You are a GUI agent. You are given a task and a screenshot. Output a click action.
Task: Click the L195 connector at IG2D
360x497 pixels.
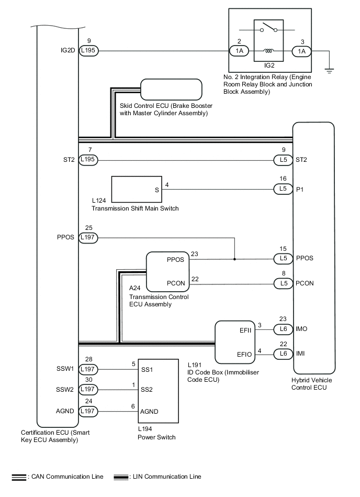[x=88, y=51]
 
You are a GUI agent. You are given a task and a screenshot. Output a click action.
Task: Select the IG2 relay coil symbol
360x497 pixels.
[x=269, y=51]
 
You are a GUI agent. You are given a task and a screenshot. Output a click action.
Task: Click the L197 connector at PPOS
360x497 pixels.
[x=88, y=238]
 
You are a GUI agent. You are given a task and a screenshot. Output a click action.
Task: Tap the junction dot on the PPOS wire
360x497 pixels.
[x=234, y=259]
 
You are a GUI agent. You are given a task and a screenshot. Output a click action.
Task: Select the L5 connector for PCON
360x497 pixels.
[x=284, y=283]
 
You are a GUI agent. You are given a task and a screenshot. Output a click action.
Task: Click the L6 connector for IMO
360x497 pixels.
[x=284, y=328]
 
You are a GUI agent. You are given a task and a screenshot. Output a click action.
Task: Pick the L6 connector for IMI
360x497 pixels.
[x=284, y=354]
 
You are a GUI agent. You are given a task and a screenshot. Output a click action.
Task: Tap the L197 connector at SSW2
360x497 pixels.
[x=88, y=390]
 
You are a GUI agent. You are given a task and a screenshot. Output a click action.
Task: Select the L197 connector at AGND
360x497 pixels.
[x=88, y=412]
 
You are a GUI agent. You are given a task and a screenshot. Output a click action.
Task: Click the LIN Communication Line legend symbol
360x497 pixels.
[x=121, y=477]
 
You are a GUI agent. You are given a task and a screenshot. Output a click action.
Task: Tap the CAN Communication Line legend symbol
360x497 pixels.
[x=19, y=477]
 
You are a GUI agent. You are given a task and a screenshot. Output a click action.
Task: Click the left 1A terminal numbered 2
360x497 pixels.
[x=239, y=51]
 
